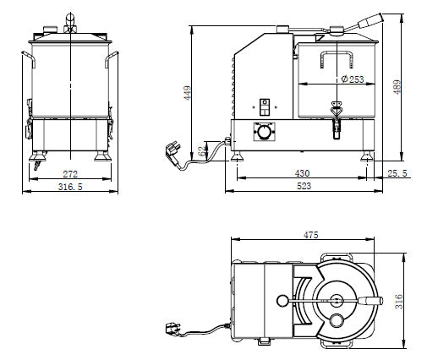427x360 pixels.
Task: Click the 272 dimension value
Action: coord(70,174)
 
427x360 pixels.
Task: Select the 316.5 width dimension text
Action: coord(70,187)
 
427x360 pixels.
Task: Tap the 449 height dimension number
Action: coord(188,93)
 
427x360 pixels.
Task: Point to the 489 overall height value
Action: coord(397,87)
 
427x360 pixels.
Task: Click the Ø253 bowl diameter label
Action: coord(353,79)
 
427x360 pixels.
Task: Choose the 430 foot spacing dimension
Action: coord(302,173)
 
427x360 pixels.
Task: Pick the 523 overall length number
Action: coord(304,186)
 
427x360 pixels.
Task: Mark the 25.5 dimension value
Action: coord(397,173)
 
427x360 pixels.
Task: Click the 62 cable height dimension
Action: coord(202,151)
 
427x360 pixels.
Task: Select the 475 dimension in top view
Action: coord(310,235)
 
